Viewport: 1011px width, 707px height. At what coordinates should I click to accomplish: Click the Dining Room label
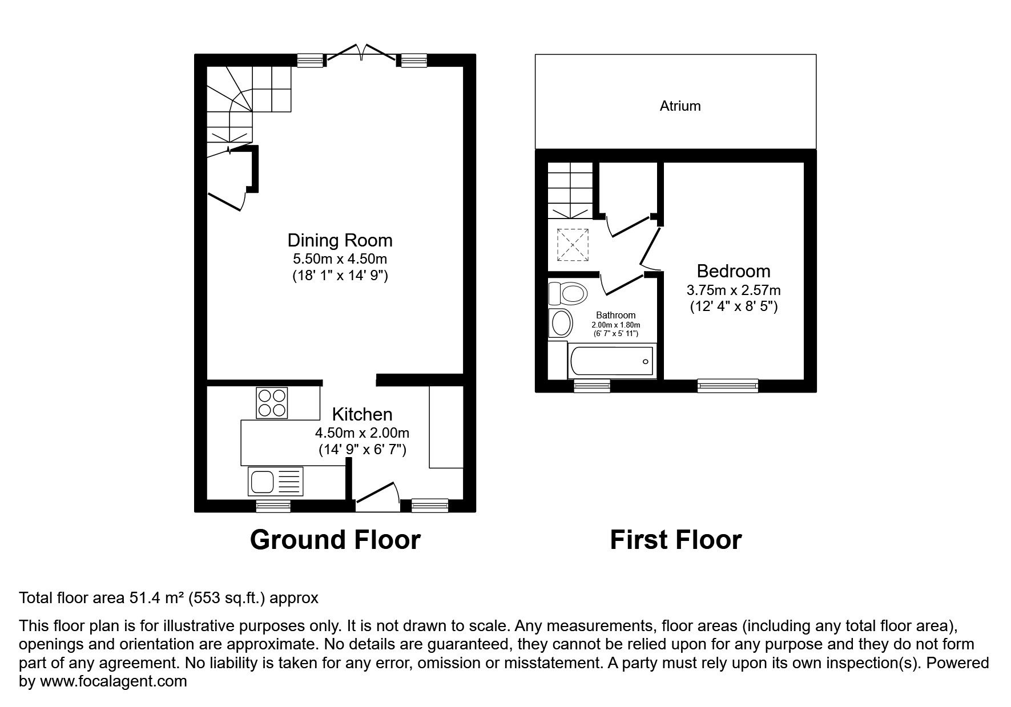click(340, 240)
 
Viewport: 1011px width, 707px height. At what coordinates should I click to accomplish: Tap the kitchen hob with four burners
click(272, 402)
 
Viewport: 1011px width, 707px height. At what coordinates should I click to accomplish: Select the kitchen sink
click(276, 480)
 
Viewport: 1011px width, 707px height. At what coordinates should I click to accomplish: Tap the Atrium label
click(679, 106)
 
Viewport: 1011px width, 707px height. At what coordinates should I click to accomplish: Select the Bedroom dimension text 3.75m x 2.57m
click(734, 290)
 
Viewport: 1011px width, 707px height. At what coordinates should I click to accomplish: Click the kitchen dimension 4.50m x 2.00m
click(362, 433)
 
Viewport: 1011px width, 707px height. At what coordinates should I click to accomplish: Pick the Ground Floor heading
click(335, 540)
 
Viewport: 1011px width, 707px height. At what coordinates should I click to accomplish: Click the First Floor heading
click(675, 540)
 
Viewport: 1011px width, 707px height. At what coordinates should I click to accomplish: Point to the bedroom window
click(728, 386)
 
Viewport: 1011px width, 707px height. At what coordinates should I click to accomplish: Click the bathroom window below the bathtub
click(591, 386)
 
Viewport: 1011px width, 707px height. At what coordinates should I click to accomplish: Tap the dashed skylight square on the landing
click(573, 244)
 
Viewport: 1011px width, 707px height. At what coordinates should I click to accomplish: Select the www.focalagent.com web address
click(113, 681)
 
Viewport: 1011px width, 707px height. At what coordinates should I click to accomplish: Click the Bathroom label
click(615, 315)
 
